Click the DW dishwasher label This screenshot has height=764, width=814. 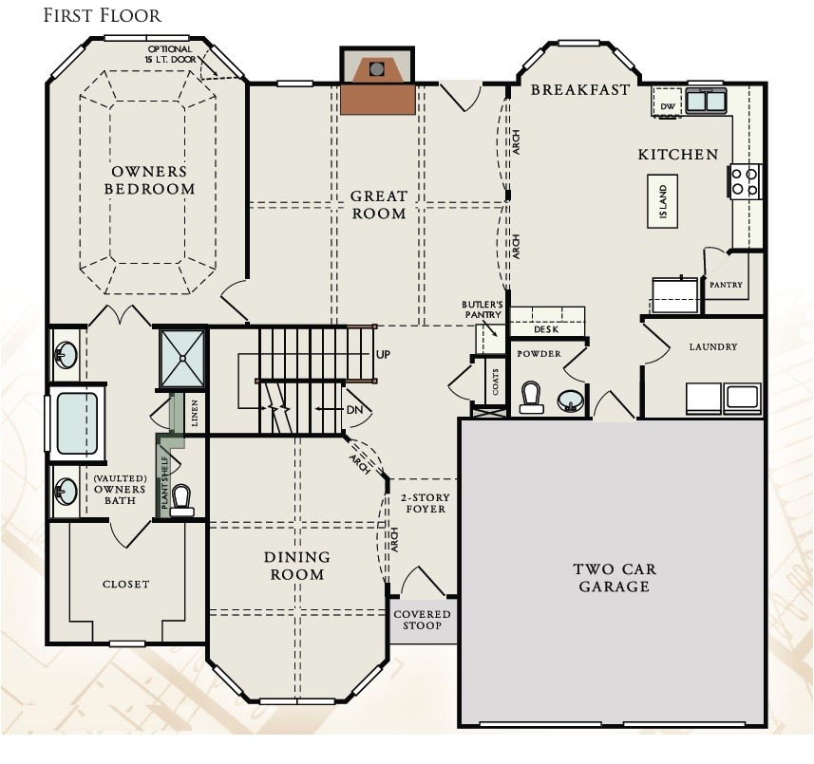coord(668,106)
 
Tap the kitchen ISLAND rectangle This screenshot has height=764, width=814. coord(663,201)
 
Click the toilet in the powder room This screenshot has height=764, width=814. coord(532,398)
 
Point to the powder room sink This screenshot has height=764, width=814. coord(571,401)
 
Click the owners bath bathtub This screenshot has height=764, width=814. coord(77,422)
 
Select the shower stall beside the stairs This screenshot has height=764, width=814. coord(182,358)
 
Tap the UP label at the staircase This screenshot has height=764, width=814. coord(383,355)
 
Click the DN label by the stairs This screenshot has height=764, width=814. coord(354,410)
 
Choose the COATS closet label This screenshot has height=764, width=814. coord(495,382)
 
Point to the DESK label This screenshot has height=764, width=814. coord(546,329)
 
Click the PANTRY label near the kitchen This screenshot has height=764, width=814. coord(726,285)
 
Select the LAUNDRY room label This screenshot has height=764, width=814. coord(713,346)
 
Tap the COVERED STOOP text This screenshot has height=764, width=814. coord(422,620)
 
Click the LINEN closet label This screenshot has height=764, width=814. coord(195,413)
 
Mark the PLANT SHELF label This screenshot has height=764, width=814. coord(164,482)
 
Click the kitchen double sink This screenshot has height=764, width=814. coord(706,100)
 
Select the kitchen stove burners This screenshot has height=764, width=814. coord(746,181)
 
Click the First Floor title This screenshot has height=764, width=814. coord(103,15)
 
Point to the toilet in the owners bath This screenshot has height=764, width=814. coord(181,500)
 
